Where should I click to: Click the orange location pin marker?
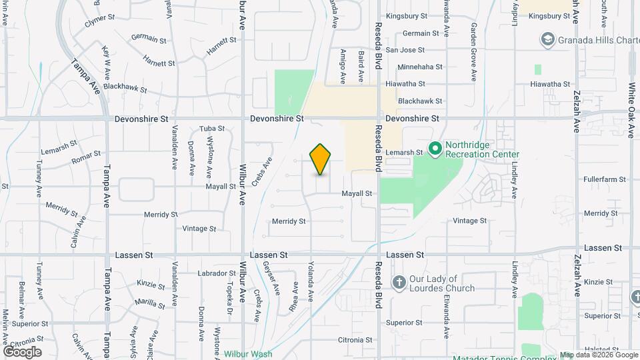pyautogui.click(x=321, y=159)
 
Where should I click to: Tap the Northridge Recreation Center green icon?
pyautogui.click(x=435, y=147)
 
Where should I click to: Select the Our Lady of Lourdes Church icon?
pyautogui.click(x=399, y=283)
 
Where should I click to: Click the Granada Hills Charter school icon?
pyautogui.click(x=549, y=41)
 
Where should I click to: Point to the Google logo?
pyautogui.click(x=22, y=351)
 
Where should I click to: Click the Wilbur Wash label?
pyautogui.click(x=248, y=354)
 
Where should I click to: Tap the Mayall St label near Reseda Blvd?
pyautogui.click(x=357, y=193)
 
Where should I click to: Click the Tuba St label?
pyautogui.click(x=212, y=129)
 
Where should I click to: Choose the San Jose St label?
pyautogui.click(x=405, y=50)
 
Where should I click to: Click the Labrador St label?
pyautogui.click(x=217, y=273)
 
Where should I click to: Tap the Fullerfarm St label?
pyautogui.click(x=602, y=179)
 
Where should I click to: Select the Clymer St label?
pyautogui.click(x=99, y=23)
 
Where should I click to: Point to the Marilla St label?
pyautogui.click(x=149, y=303)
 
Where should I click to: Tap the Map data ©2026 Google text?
pyautogui.click(x=599, y=355)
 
